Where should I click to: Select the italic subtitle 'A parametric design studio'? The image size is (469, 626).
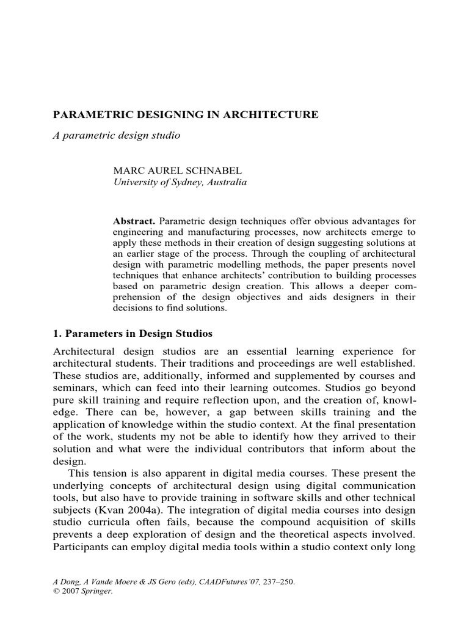[x=117, y=135]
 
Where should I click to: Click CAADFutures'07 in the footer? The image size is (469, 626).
[x=240, y=582]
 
